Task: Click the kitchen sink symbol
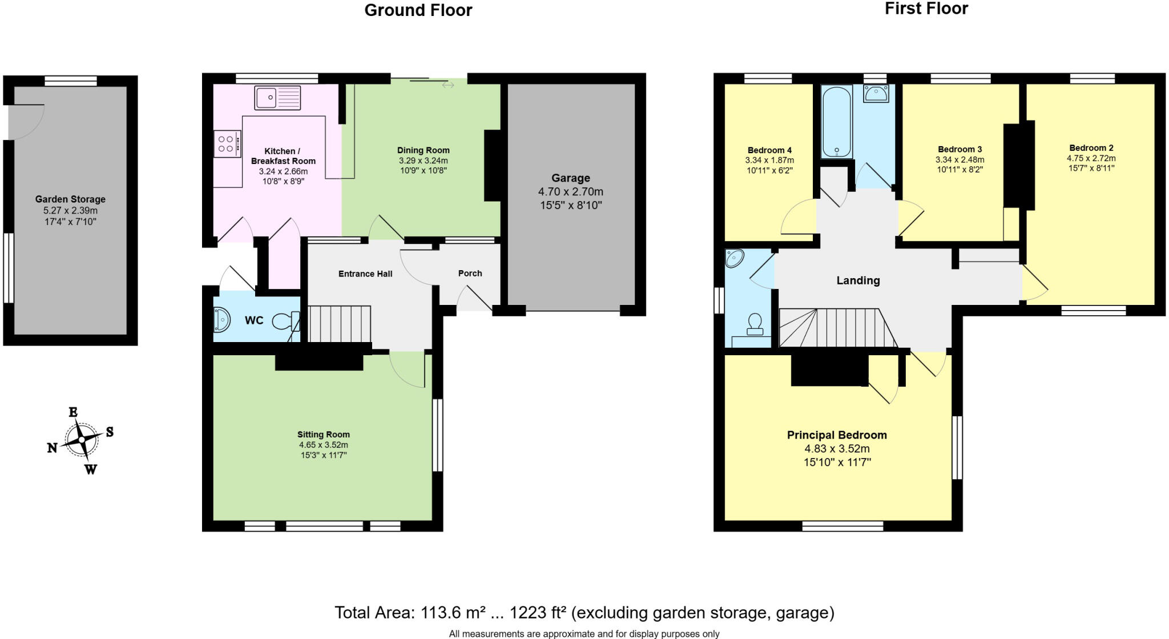[277, 98]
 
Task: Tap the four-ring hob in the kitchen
[227, 143]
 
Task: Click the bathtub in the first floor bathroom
[836, 122]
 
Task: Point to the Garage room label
[570, 178]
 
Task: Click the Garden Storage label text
[70, 199]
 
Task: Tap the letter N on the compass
[52, 448]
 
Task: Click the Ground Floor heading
[418, 10]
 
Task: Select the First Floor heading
[926, 9]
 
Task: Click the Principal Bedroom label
[837, 435]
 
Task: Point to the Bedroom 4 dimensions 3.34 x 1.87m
[769, 160]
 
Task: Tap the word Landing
[858, 280]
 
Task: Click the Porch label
[470, 274]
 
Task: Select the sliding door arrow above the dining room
[448, 85]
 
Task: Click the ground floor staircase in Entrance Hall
[339, 324]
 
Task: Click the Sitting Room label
[323, 435]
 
